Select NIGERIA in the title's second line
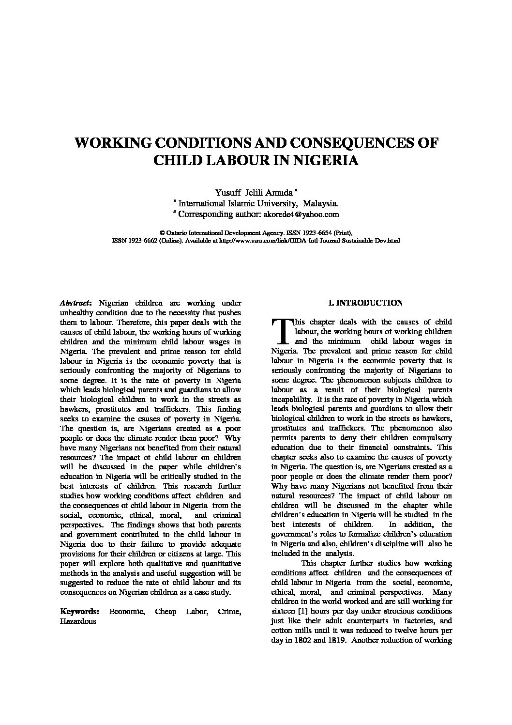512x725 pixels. click(x=325, y=160)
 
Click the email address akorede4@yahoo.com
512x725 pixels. click(x=301, y=214)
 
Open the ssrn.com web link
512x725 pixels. click(x=310, y=240)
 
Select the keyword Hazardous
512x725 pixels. click(x=78, y=621)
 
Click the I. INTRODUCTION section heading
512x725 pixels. click(x=365, y=303)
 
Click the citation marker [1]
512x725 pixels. click(x=304, y=611)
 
